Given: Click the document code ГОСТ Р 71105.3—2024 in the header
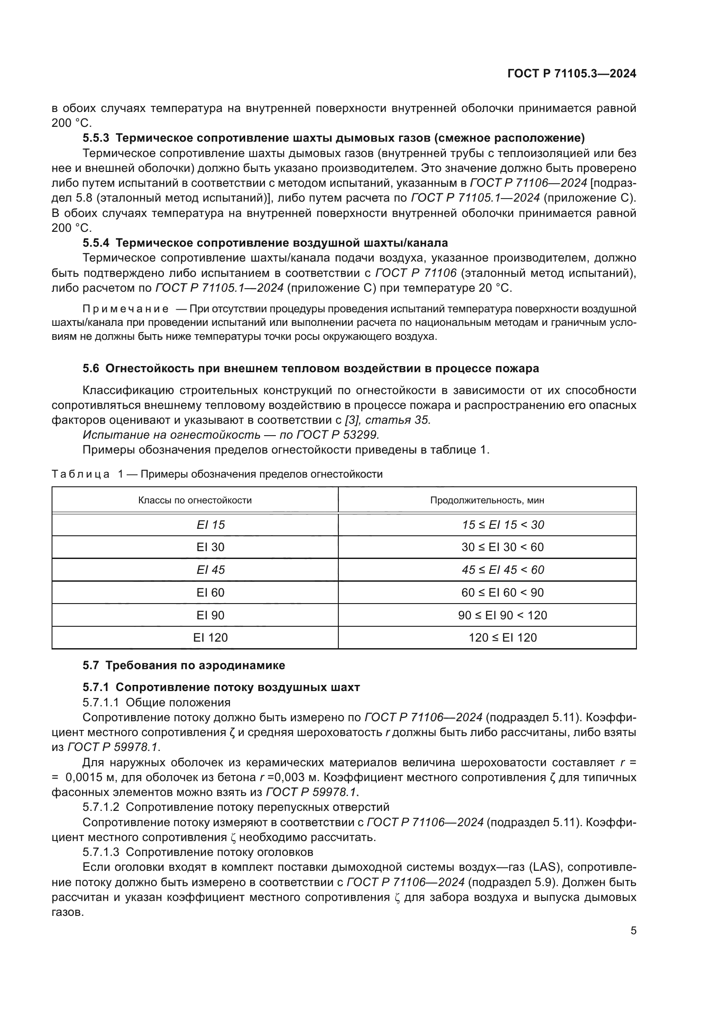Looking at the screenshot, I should click(x=572, y=74).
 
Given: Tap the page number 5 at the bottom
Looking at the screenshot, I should click(x=633, y=930).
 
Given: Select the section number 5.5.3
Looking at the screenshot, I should click(x=96, y=138).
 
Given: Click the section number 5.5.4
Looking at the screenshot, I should click(x=96, y=243).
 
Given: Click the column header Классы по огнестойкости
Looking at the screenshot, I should click(x=195, y=500).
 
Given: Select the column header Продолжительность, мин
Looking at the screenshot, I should click(x=487, y=500).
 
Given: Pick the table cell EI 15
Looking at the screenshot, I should click(x=211, y=525).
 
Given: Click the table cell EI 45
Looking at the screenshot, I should click(x=211, y=570).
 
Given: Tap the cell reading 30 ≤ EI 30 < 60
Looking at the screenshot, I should click(x=503, y=547).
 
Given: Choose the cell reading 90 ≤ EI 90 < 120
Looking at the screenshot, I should click(x=503, y=615).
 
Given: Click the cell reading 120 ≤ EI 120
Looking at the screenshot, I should click(x=503, y=638).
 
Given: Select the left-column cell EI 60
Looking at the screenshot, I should click(x=211, y=593).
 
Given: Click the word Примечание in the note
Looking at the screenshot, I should click(x=125, y=309).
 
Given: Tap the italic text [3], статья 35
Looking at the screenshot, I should click(x=388, y=420).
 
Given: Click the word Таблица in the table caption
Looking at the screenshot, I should click(x=80, y=474).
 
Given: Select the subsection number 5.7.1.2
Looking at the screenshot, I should click(x=101, y=807).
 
